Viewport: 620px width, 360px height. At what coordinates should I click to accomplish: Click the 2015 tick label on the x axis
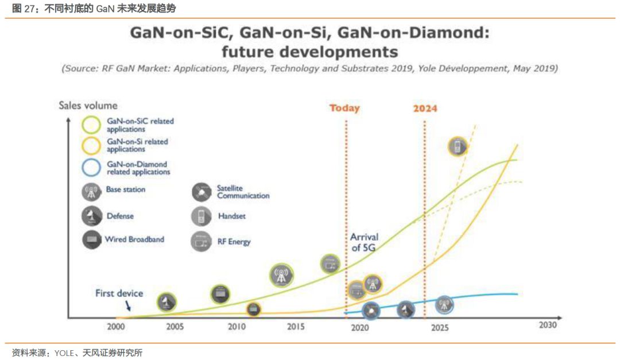(x=296, y=327)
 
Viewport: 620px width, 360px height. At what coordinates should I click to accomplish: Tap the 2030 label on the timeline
(x=548, y=324)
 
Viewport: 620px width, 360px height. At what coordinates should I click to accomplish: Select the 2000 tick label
(x=116, y=327)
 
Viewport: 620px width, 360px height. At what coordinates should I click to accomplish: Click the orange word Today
(x=344, y=108)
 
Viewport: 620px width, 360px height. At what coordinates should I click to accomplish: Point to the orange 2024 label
(x=425, y=108)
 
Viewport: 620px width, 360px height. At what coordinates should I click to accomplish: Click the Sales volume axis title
(x=88, y=105)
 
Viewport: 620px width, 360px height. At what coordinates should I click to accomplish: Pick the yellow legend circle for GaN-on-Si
(x=92, y=145)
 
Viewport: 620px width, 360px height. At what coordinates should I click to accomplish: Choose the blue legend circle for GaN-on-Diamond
(x=92, y=168)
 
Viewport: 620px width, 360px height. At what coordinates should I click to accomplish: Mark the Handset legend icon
(x=200, y=216)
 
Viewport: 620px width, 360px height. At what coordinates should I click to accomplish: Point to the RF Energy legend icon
(x=200, y=241)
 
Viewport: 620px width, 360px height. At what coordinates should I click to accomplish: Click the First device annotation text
(x=119, y=293)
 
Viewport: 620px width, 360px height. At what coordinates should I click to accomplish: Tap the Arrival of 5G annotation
(x=365, y=242)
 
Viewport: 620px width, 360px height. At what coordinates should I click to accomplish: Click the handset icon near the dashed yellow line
(x=458, y=147)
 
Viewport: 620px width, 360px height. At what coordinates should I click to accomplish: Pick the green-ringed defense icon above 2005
(x=167, y=302)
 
